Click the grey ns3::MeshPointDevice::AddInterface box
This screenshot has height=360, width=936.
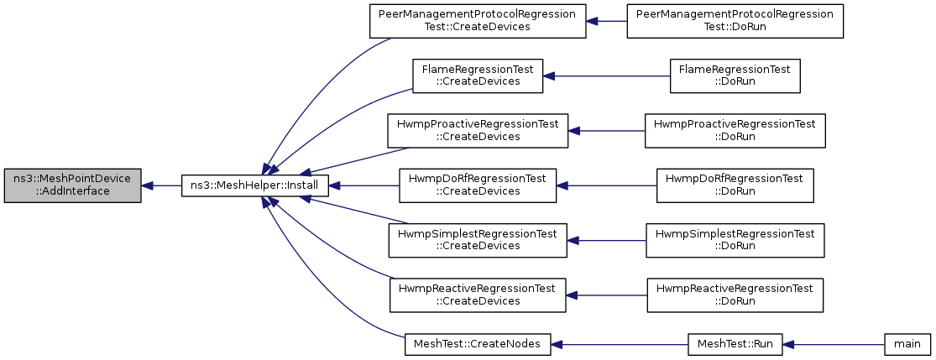[73, 185]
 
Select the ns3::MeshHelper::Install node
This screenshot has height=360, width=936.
[255, 185]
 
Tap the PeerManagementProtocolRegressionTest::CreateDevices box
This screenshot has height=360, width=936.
[478, 21]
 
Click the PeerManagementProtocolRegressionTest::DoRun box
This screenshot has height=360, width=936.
[735, 21]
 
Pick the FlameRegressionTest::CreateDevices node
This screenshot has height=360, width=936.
[478, 76]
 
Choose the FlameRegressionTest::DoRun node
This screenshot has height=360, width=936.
[735, 76]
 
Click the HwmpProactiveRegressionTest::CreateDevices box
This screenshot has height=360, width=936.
[478, 131]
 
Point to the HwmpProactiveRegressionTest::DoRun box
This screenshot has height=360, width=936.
[735, 131]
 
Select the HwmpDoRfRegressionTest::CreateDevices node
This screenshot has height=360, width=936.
[478, 185]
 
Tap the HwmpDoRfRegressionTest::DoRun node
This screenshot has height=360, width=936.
[735, 185]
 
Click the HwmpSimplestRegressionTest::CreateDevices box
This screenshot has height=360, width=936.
[478, 241]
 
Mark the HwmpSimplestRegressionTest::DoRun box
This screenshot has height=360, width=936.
[735, 241]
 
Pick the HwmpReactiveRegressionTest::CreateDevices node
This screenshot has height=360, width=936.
[478, 295]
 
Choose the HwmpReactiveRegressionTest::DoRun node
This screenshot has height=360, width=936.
[735, 295]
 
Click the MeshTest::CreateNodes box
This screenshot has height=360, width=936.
[478, 345]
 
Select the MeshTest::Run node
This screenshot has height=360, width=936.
[735, 345]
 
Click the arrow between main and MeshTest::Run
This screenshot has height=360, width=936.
[834, 345]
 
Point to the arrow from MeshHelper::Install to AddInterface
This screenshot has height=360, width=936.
[161, 185]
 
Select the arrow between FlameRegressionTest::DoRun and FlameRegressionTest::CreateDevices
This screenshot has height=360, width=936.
[606, 76]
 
